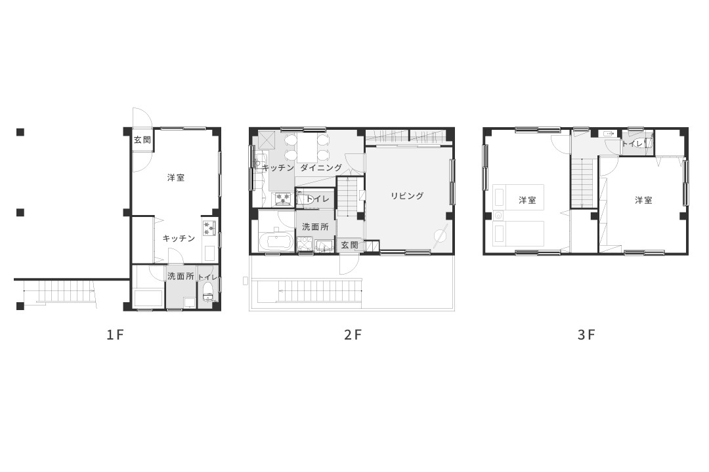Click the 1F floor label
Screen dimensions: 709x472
tap(115, 335)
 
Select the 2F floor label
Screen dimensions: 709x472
tap(353, 335)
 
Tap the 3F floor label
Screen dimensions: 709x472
tap(586, 335)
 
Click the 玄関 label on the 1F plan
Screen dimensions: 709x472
tap(142, 140)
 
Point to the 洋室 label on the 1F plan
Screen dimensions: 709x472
tap(175, 178)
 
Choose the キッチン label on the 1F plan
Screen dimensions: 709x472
tap(179, 238)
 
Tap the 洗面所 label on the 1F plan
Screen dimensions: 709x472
tap(181, 276)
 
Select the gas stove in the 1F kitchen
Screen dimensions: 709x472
tap(209, 227)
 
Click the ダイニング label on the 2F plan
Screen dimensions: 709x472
tap(321, 168)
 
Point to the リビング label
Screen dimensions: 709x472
tap(408, 195)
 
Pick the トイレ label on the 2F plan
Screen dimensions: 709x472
tap(318, 199)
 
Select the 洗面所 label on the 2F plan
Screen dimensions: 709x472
tap(315, 227)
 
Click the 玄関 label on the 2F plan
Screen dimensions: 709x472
tap(349, 245)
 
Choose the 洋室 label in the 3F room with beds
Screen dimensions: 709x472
tap(527, 200)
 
